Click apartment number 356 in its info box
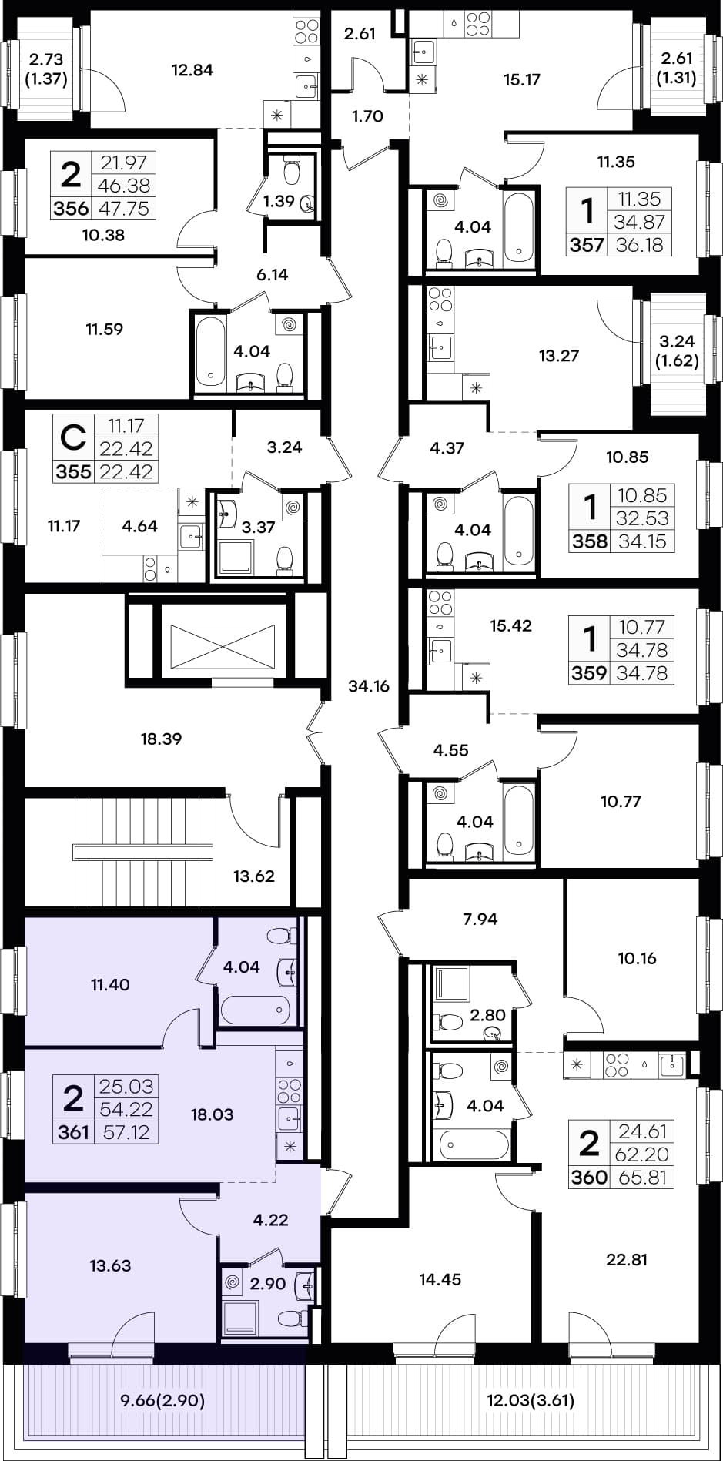coord(71,209)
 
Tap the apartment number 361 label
coord(74,1132)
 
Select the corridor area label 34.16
coord(369,686)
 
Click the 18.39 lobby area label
coord(161,739)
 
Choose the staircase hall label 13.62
coord(254,876)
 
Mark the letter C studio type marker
coord(72,439)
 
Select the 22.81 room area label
coord(627,1260)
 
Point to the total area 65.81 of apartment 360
coord(642,1178)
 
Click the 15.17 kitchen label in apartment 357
coord(522,79)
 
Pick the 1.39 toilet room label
coord(279,202)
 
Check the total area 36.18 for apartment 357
coord(639,246)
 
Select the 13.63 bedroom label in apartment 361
coord(110,1265)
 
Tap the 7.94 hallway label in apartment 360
coord(480,918)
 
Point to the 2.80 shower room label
coord(487,1015)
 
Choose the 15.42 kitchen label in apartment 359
coord(511,625)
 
